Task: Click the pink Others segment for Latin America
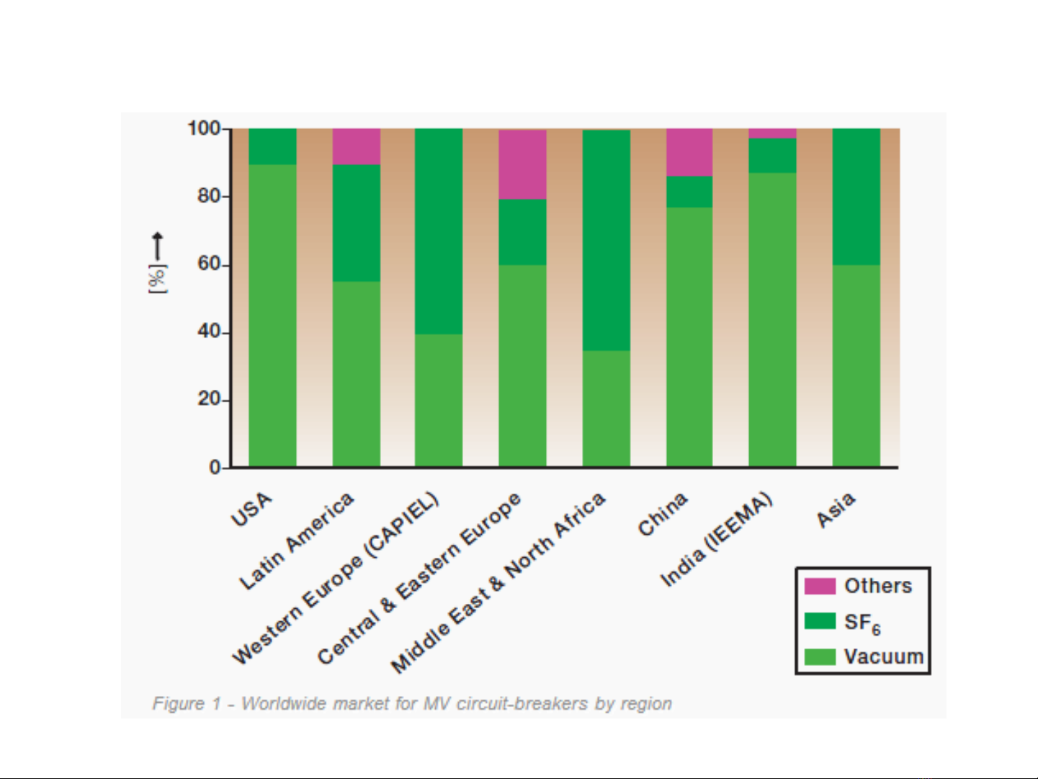click(356, 147)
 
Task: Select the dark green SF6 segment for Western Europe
click(439, 231)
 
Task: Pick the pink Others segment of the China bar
click(689, 153)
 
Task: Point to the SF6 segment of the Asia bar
click(856, 197)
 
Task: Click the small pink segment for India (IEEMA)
click(772, 133)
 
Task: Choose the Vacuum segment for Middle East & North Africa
click(606, 408)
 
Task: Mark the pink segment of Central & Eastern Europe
click(522, 164)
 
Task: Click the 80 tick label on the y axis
click(209, 196)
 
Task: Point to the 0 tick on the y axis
click(215, 468)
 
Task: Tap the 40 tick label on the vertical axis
click(209, 331)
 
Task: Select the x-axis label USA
click(251, 509)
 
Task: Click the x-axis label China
click(663, 515)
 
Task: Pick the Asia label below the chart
click(836, 509)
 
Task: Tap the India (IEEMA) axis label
click(716, 540)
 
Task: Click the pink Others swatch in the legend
click(820, 586)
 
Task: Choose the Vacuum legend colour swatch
click(820, 656)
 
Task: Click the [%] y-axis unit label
click(157, 278)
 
